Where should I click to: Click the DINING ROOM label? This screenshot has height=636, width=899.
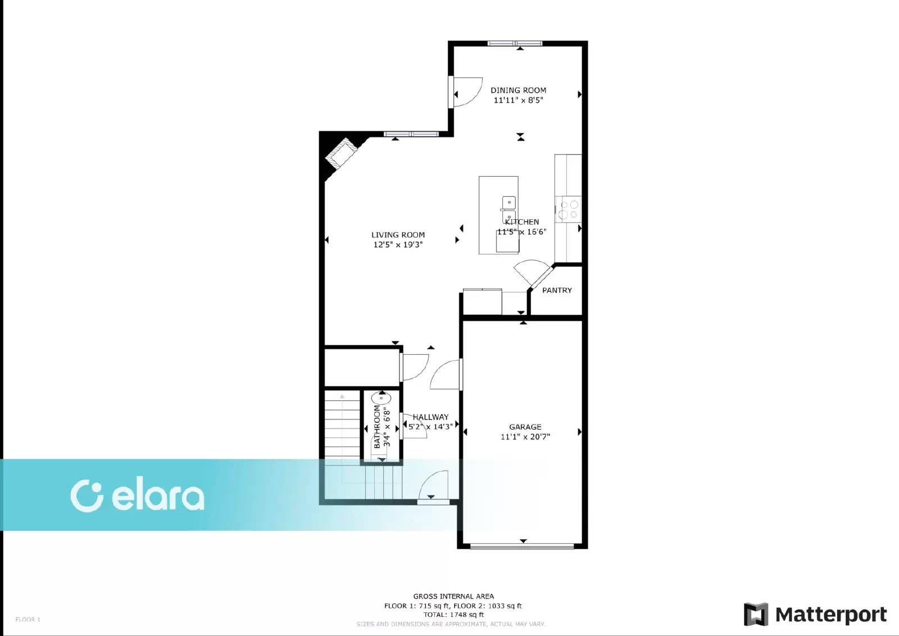click(518, 90)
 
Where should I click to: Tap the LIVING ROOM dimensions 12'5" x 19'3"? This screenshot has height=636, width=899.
click(398, 245)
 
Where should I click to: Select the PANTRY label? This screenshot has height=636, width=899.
click(557, 290)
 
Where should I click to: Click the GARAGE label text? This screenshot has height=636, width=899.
click(525, 427)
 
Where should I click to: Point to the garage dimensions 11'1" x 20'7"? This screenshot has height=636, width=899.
click(525, 436)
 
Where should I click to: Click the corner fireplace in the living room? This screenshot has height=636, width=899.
click(341, 152)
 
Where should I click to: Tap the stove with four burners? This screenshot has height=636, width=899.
click(569, 209)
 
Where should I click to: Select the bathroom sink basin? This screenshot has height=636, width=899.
click(381, 398)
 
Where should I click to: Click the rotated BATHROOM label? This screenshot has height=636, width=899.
click(377, 426)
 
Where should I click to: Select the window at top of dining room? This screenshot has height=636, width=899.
click(515, 43)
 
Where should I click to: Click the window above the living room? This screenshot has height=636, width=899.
click(411, 134)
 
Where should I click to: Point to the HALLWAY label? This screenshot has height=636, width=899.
click(430, 417)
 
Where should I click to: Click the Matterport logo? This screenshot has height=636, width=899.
click(815, 614)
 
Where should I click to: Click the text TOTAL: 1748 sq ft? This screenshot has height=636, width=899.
click(453, 615)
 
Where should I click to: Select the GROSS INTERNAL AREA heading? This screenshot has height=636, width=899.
click(453, 596)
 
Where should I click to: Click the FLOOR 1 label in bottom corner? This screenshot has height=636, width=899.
click(28, 619)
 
